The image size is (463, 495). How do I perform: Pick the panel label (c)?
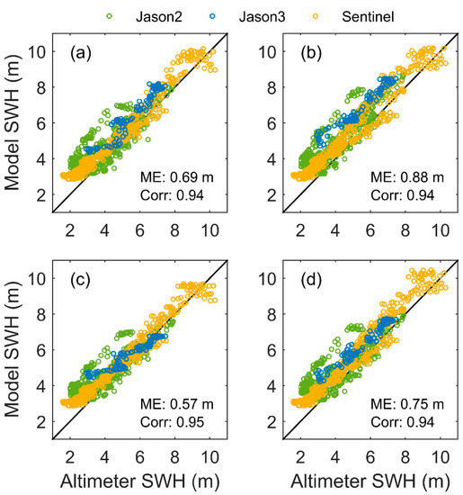pos(73,278)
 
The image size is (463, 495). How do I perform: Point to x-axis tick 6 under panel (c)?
pos(138,453)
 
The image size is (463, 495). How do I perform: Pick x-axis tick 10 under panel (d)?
pos(439,453)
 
